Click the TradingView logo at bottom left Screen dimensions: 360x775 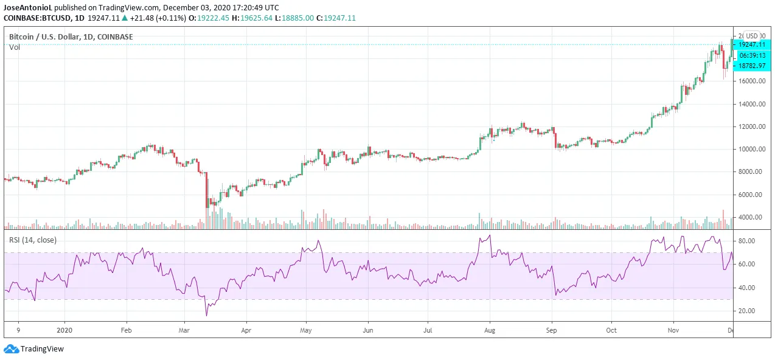(x=34, y=349)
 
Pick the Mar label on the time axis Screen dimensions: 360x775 (x=184, y=330)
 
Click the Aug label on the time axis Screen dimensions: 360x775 (x=490, y=330)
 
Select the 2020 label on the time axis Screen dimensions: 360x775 (x=64, y=330)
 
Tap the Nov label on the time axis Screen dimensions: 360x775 (x=673, y=330)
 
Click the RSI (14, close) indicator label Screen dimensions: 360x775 (x=33, y=240)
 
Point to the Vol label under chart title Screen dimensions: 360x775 (x=14, y=47)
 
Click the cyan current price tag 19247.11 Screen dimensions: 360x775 (x=752, y=44)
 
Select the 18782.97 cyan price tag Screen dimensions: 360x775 (x=752, y=65)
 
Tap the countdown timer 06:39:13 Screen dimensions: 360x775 (x=752, y=55)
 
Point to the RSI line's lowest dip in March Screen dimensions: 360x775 (x=206, y=315)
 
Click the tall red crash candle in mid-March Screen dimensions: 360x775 (x=206, y=189)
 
